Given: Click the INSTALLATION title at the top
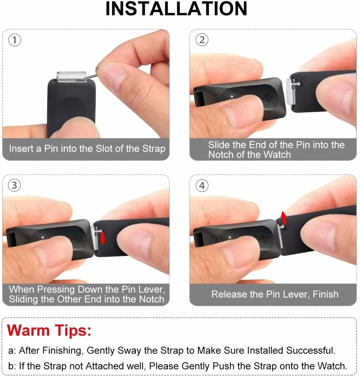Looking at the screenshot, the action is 176,9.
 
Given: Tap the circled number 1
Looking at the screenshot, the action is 15,40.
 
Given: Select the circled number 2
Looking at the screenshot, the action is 202,40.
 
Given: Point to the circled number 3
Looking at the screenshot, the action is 14,185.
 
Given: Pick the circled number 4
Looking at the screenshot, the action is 202,186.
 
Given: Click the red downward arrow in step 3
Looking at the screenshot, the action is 103,237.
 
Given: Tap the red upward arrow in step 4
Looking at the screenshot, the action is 284,218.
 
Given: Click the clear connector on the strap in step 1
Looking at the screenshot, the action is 71,77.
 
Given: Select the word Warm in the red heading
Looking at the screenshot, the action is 28,330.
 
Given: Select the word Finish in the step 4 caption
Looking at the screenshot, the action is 326,294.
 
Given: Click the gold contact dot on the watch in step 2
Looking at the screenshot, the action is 232,96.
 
